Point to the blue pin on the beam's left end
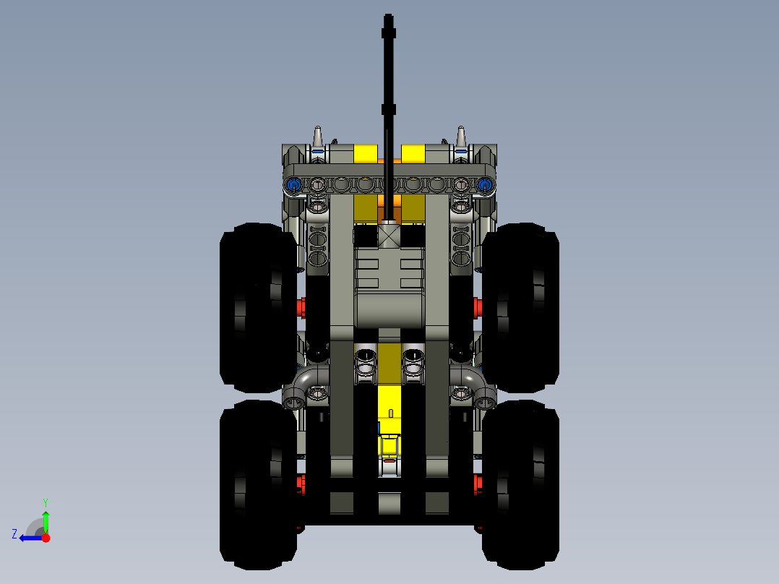pyautogui.click(x=293, y=185)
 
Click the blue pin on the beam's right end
pyautogui.click(x=485, y=185)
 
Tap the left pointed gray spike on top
pyautogui.click(x=317, y=136)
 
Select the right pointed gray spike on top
pyautogui.click(x=461, y=136)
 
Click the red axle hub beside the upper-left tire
pyautogui.click(x=301, y=307)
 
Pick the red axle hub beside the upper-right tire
pyautogui.click(x=478, y=307)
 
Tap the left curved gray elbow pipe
pyautogui.click(x=304, y=383)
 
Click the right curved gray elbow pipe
pyautogui.click(x=475, y=383)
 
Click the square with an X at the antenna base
pyautogui.click(x=389, y=236)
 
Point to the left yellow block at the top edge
pyautogui.click(x=365, y=153)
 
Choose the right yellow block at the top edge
pyautogui.click(x=413, y=153)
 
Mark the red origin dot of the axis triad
pyautogui.click(x=46, y=538)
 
